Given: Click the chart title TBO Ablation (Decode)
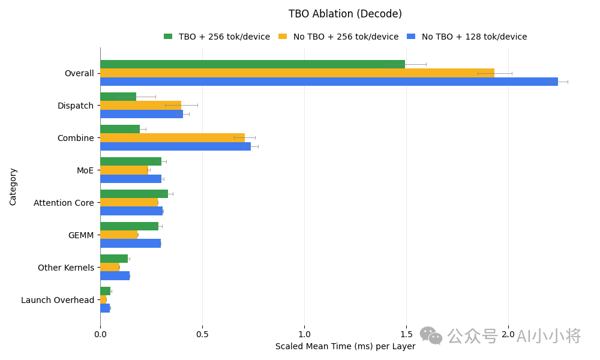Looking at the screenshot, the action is (x=345, y=14).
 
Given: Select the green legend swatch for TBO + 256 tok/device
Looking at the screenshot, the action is (x=168, y=37).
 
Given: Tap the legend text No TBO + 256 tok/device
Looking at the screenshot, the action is (x=346, y=37).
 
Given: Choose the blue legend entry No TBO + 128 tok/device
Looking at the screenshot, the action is (x=467, y=37).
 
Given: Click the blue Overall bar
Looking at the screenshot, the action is (x=329, y=82).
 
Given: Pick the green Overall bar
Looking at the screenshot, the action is (x=253, y=64).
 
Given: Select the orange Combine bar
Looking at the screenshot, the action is (x=173, y=138).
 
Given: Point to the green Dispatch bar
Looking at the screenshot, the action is (x=118, y=97).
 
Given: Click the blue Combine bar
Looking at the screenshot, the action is (x=176, y=146).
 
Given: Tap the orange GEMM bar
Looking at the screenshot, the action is (x=119, y=235).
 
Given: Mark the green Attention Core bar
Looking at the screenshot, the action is (x=134, y=194).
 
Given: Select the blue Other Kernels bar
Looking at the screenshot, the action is (x=115, y=276).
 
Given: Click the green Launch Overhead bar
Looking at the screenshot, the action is (x=106, y=291).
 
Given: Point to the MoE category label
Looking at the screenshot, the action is (x=85, y=170).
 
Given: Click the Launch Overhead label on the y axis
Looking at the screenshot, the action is (x=58, y=301).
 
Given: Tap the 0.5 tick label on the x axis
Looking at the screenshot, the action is (x=202, y=334).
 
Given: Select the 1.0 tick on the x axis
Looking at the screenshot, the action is (x=304, y=334).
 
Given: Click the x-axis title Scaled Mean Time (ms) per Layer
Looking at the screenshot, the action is (x=345, y=347).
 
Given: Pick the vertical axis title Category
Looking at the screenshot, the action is (x=13, y=187).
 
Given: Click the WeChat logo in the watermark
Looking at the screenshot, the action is (x=431, y=335).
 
